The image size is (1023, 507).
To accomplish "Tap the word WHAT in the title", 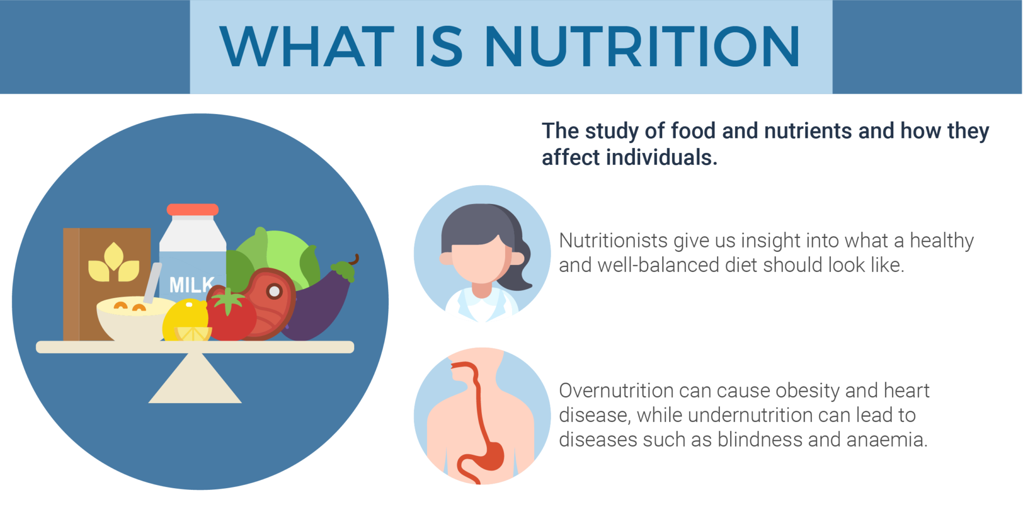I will pyautogui.click(x=307, y=47).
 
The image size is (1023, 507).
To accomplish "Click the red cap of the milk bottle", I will pyautogui.click(x=192, y=209).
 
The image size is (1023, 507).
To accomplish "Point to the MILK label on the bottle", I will pyautogui.click(x=191, y=285).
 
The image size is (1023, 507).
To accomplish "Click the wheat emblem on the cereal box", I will pyautogui.click(x=114, y=264).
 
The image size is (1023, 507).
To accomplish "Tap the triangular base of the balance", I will pyautogui.click(x=195, y=382).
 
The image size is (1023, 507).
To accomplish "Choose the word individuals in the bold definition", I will pyautogui.click(x=662, y=158).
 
